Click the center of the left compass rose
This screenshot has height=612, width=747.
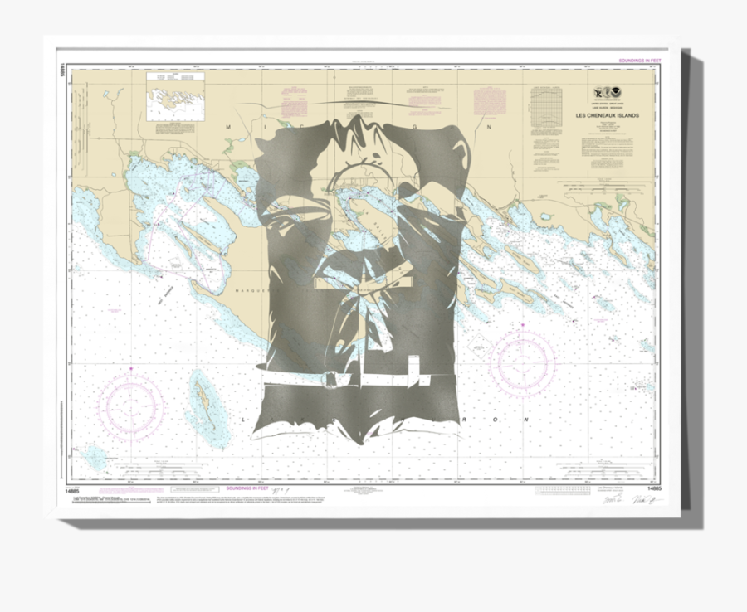[131, 406]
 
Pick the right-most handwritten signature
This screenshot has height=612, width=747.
[642, 501]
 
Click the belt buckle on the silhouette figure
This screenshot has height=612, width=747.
[331, 379]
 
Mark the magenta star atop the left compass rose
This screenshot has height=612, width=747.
[131, 367]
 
